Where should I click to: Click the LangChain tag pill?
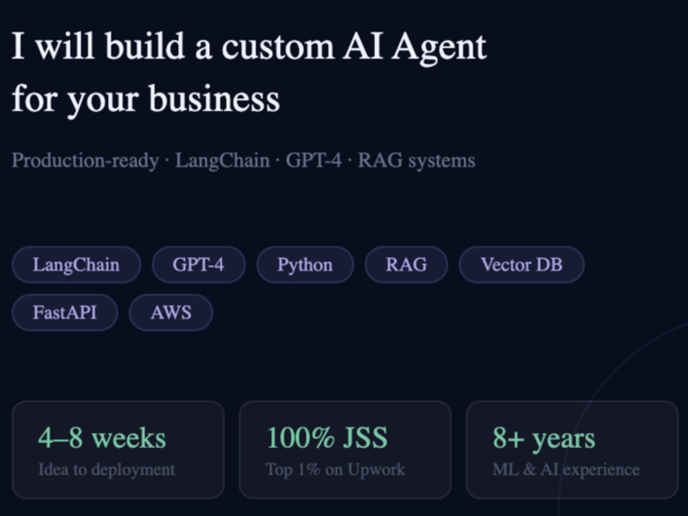(x=76, y=265)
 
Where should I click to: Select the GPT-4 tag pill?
(x=198, y=265)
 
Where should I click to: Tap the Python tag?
(x=305, y=265)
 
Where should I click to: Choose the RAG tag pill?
(x=407, y=265)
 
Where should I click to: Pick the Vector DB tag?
(x=522, y=265)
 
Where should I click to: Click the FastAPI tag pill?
(x=65, y=312)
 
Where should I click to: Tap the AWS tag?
(x=171, y=312)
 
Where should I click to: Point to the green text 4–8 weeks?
(x=103, y=438)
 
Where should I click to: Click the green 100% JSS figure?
(x=327, y=438)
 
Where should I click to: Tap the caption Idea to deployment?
(x=107, y=470)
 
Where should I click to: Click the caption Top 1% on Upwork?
(x=335, y=470)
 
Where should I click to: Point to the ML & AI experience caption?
(x=566, y=470)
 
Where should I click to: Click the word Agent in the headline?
(x=439, y=47)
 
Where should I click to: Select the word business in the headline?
(x=214, y=98)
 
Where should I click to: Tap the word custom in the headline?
(x=278, y=47)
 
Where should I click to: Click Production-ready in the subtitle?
(x=85, y=160)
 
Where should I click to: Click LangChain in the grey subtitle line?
(x=222, y=161)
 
